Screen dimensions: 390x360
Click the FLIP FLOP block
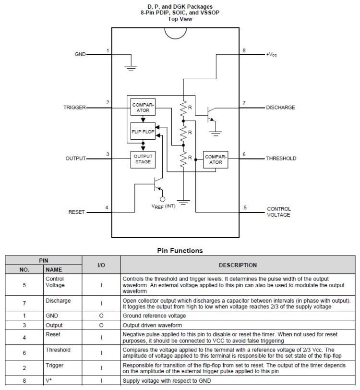click(x=143, y=131)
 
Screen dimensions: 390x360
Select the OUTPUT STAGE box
click(x=143, y=159)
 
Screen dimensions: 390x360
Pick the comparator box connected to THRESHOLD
click(x=216, y=159)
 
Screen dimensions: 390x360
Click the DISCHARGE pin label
click(x=281, y=108)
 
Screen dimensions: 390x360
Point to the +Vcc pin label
click(x=271, y=54)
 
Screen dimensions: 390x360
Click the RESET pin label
click(x=76, y=212)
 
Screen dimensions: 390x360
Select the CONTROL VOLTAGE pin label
click(x=279, y=212)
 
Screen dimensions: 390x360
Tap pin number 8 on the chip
click(x=244, y=50)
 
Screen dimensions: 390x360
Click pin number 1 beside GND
click(x=108, y=50)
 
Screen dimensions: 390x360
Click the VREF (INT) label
click(x=164, y=207)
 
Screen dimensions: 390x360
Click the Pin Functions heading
click(x=180, y=250)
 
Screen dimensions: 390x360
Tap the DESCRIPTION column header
click(x=238, y=265)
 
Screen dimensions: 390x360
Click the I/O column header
click(x=101, y=265)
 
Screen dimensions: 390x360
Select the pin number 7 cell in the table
click(x=24, y=304)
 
